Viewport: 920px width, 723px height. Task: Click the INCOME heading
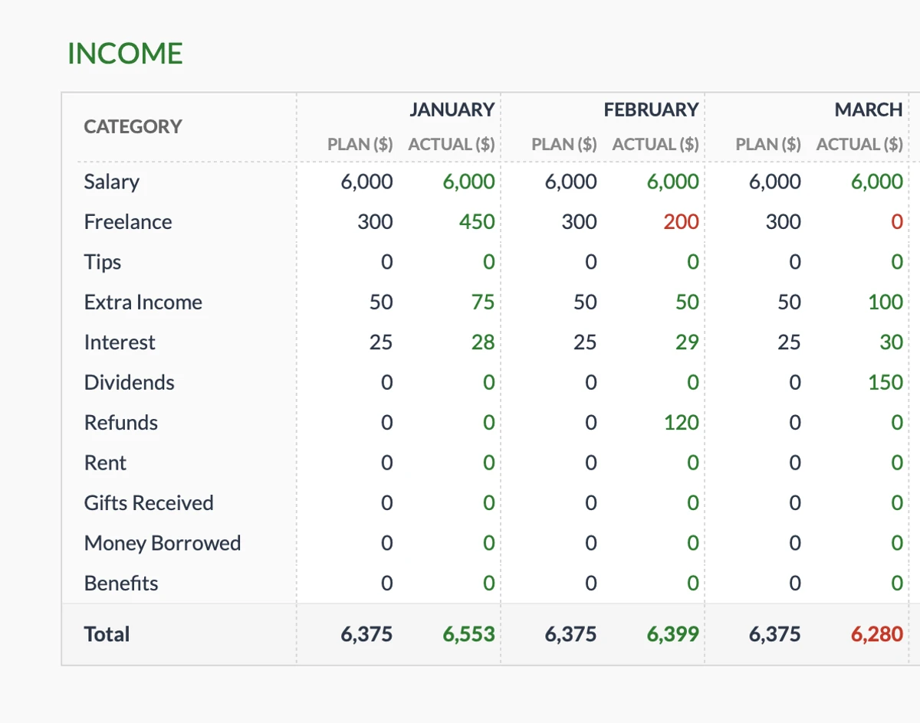pyautogui.click(x=125, y=54)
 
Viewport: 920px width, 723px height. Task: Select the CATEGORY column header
pyautogui.click(x=133, y=126)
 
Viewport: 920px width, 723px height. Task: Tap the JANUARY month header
pyautogui.click(x=452, y=110)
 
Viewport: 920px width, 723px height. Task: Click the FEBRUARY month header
pyautogui.click(x=651, y=110)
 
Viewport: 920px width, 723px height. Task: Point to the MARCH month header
pyautogui.click(x=868, y=110)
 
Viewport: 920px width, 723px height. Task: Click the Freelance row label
pyautogui.click(x=128, y=222)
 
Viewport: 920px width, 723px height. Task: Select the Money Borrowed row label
pyautogui.click(x=163, y=543)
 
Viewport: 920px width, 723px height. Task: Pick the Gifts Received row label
pyautogui.click(x=149, y=503)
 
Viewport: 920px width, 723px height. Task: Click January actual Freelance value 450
pyautogui.click(x=476, y=222)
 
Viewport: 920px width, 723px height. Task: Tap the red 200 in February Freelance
pyautogui.click(x=681, y=222)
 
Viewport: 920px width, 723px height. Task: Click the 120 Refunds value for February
pyautogui.click(x=681, y=423)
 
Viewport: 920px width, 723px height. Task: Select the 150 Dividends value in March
pyautogui.click(x=885, y=382)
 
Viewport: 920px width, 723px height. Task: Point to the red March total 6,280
pyautogui.click(x=876, y=634)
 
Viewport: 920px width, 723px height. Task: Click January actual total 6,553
pyautogui.click(x=468, y=634)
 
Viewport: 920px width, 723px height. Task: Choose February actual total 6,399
pyautogui.click(x=672, y=634)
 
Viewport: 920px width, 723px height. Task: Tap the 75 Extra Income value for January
pyautogui.click(x=483, y=302)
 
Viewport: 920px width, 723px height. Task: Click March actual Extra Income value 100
pyautogui.click(x=885, y=302)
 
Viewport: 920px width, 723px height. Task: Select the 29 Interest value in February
pyautogui.click(x=687, y=342)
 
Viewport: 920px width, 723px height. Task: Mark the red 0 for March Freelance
pyautogui.click(x=896, y=222)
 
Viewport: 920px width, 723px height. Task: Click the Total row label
pyautogui.click(x=107, y=634)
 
